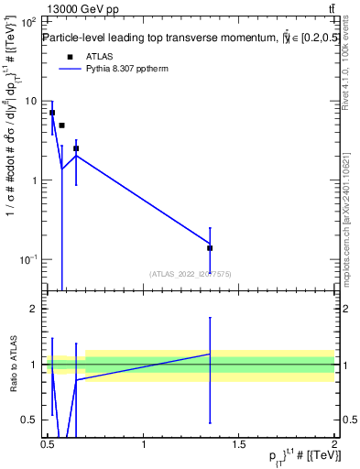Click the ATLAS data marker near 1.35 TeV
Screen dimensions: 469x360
point(210,247)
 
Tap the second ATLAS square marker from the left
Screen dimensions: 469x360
point(61,125)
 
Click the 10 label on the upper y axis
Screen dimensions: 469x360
point(28,101)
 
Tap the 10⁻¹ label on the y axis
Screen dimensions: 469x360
point(27,259)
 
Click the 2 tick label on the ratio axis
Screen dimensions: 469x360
point(33,309)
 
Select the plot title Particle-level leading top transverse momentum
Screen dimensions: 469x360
point(165,38)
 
